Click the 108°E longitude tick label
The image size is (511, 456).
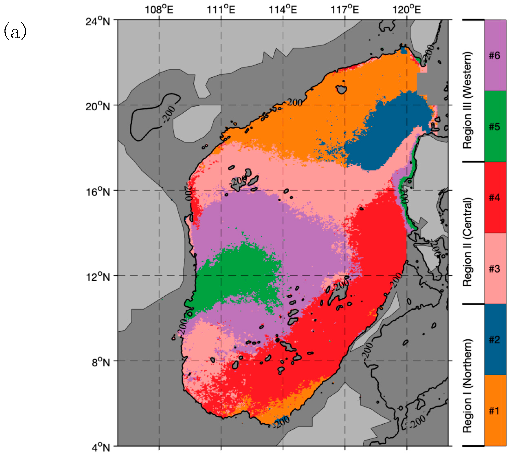159,10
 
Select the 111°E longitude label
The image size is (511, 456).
221,10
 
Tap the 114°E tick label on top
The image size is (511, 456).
283,10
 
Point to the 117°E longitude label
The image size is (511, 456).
345,10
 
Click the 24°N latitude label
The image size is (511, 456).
98,21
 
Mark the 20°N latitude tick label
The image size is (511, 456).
98,106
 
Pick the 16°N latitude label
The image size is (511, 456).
98,192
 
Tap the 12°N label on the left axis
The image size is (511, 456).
98,277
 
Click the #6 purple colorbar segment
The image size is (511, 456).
495,55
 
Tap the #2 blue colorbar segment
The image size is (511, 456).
495,340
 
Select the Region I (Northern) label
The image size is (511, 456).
467,386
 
